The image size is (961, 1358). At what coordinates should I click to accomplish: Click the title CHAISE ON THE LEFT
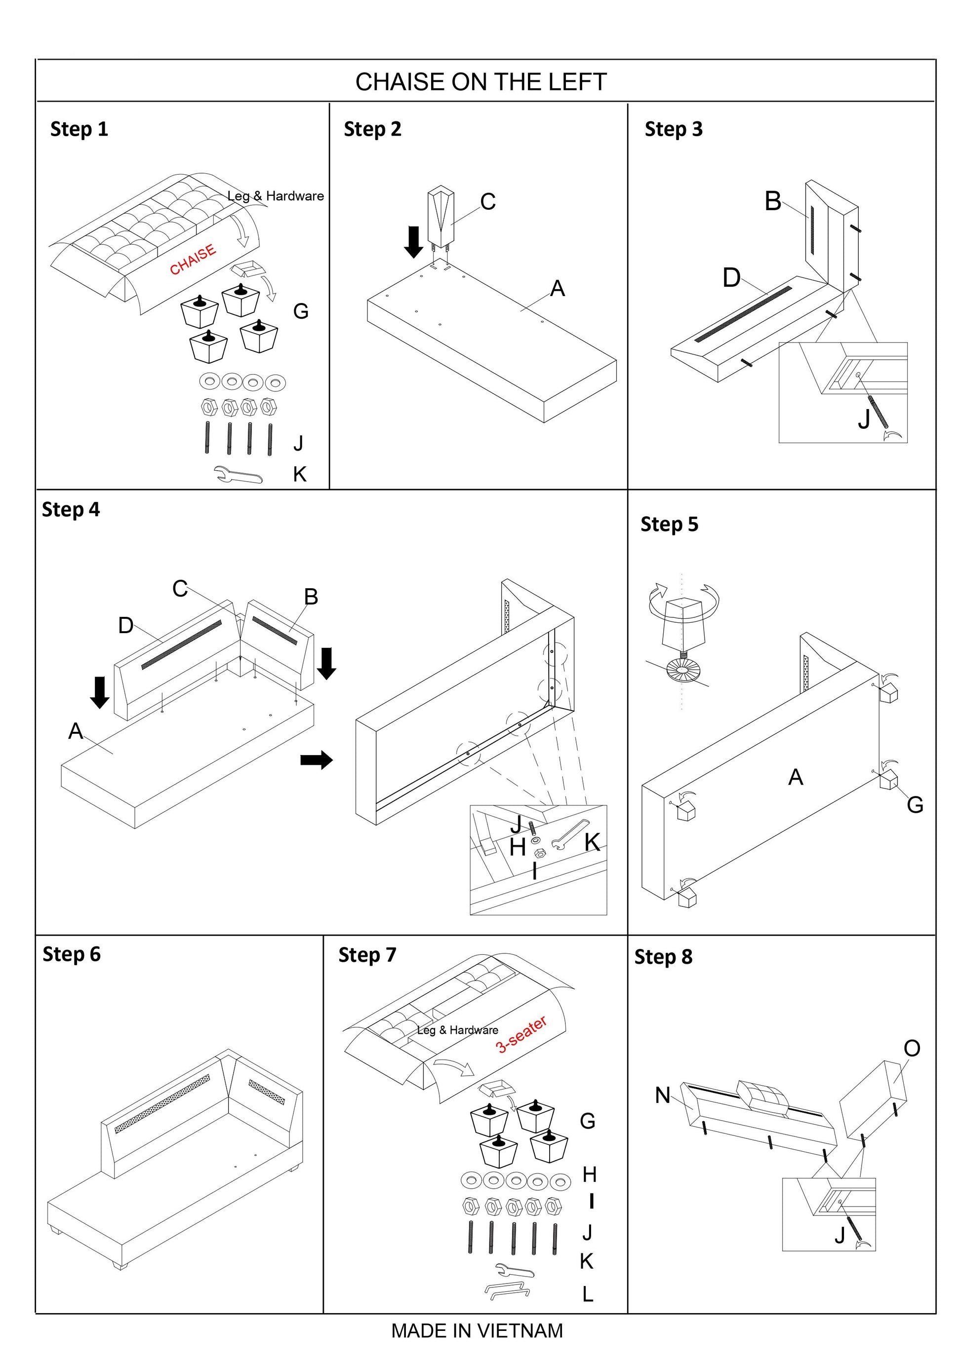[x=480, y=82]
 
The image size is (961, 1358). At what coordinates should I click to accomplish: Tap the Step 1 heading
[x=80, y=129]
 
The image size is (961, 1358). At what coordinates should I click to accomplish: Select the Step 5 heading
[x=669, y=524]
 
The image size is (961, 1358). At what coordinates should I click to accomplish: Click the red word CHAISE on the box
[x=193, y=260]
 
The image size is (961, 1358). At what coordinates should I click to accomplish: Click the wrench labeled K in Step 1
[x=238, y=474]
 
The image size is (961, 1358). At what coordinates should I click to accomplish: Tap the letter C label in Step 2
[x=487, y=202]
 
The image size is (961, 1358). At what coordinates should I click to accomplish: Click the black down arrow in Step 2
[x=414, y=242]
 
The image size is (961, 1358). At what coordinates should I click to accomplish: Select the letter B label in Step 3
[x=773, y=201]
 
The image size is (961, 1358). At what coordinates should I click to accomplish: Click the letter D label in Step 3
[x=731, y=277]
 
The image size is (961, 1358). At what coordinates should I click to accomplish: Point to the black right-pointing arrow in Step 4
[x=317, y=760]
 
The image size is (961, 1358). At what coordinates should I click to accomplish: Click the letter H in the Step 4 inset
[x=517, y=848]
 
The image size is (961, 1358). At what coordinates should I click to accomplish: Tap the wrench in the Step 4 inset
[x=569, y=834]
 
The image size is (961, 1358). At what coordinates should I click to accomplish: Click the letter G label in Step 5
[x=915, y=804]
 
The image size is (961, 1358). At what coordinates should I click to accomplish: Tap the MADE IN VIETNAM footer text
[x=477, y=1331]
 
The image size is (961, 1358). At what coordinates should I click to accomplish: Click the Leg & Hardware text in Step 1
[x=276, y=196]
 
